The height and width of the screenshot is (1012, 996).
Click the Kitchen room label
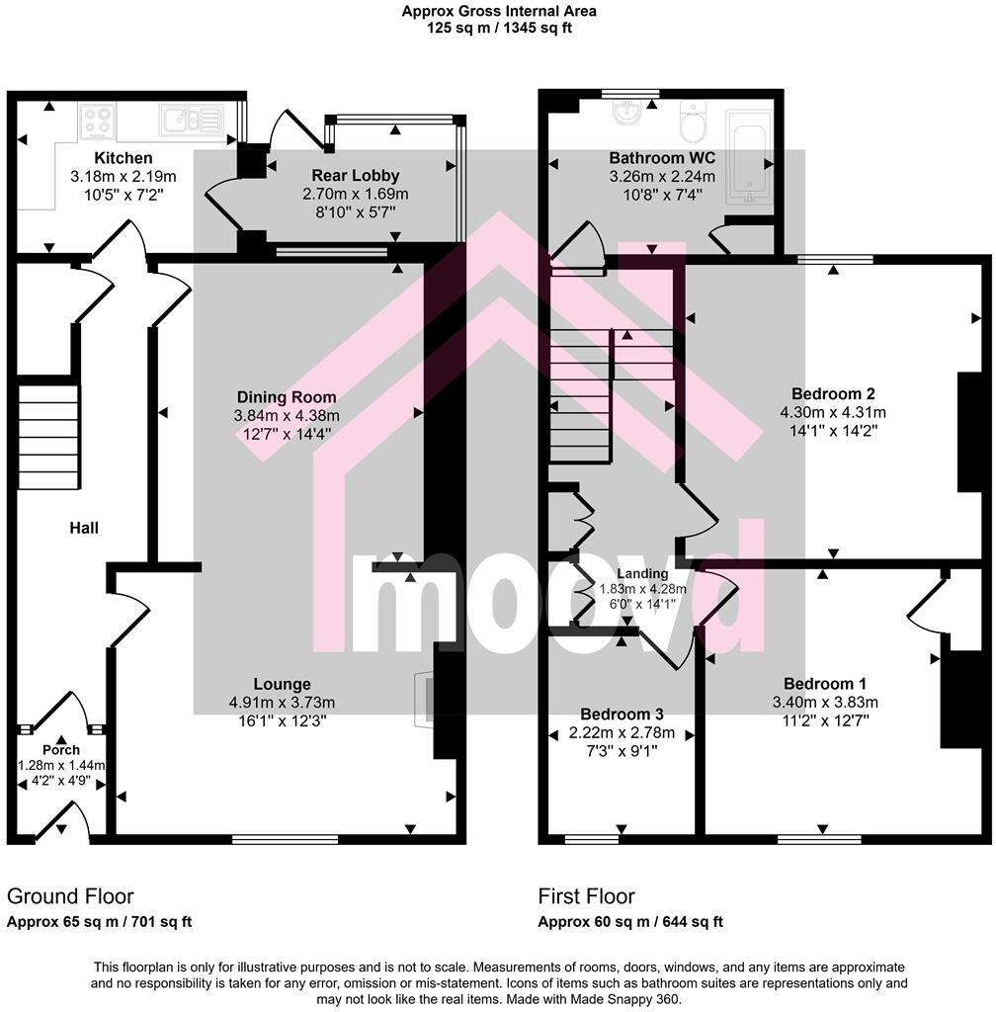[x=123, y=158]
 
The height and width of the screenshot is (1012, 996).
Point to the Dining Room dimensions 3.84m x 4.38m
[x=286, y=415]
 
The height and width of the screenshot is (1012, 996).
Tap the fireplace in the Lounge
[x=424, y=701]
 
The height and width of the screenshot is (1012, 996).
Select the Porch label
[x=60, y=750]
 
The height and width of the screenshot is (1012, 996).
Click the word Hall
[x=84, y=528]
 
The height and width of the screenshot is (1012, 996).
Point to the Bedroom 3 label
[x=622, y=715]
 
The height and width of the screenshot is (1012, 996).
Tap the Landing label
[x=642, y=573]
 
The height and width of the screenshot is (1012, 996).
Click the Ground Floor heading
[x=70, y=896]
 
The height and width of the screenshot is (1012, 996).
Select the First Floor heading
[x=586, y=896]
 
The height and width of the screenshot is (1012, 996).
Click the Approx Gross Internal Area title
[x=498, y=12]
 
